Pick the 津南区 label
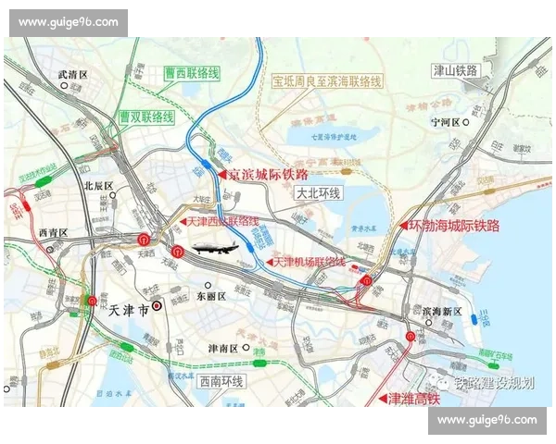(x=221, y=349)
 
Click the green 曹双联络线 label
(x=146, y=117)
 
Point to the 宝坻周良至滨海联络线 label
(x=326, y=81)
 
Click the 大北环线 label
(x=319, y=194)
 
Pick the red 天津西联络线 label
(x=222, y=222)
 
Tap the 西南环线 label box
(x=221, y=381)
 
